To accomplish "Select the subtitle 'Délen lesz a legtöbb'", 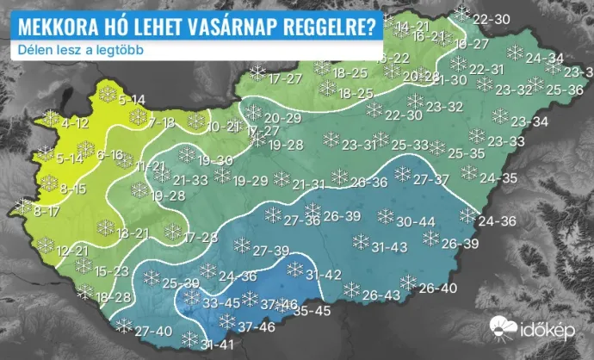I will click(79, 49).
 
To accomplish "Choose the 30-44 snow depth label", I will click(416, 222).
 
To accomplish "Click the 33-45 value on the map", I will click(221, 303).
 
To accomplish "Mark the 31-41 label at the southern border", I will click(218, 345).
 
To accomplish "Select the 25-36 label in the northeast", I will click(564, 89).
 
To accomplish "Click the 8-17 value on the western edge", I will click(46, 210).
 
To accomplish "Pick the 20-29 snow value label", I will click(282, 118).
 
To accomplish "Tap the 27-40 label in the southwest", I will click(154, 332).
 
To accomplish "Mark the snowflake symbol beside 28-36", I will click(339, 177).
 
